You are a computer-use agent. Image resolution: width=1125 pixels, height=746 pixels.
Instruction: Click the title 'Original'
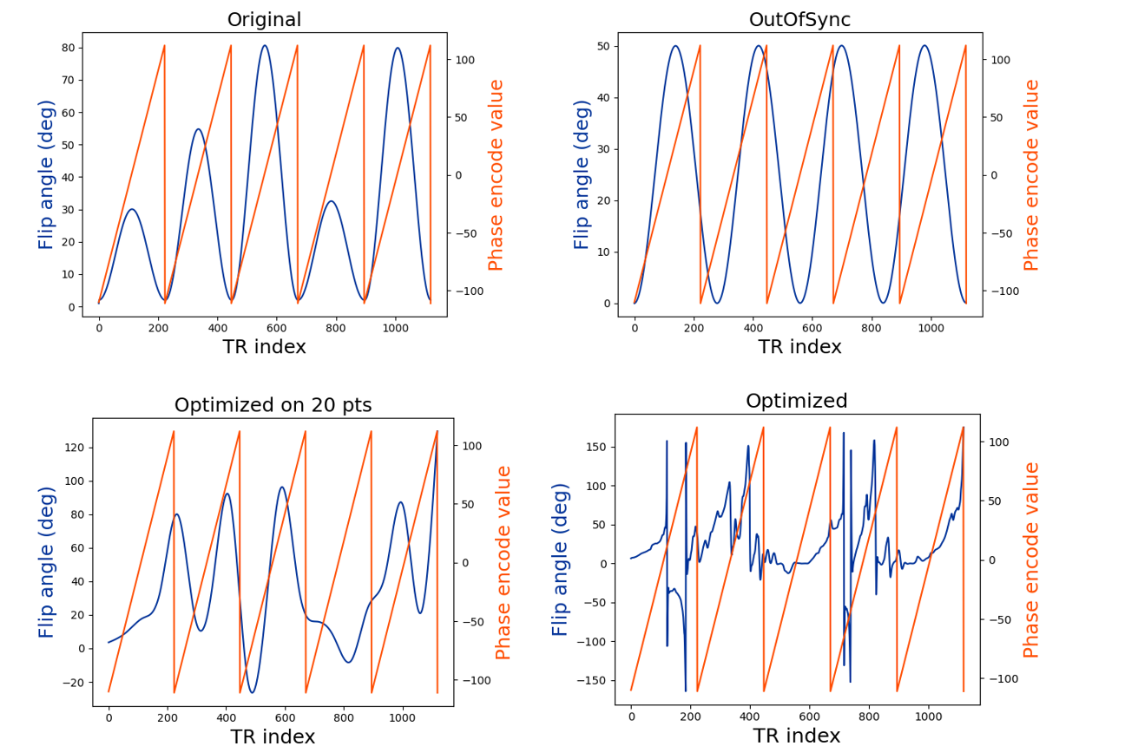point(264,20)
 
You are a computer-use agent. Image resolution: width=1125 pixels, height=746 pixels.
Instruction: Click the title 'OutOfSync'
point(799,20)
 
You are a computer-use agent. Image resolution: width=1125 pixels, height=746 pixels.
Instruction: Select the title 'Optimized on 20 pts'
point(273,405)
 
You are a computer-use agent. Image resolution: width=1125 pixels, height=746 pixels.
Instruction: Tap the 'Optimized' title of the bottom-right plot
point(796,401)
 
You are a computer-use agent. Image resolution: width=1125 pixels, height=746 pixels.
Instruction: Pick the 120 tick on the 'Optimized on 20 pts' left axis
point(73,448)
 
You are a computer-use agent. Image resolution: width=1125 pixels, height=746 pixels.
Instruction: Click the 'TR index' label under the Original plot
point(264,347)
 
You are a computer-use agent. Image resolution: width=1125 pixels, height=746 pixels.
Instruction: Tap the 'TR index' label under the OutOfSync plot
point(799,347)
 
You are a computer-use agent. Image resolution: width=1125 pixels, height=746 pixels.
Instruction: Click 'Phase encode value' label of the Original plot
point(496,174)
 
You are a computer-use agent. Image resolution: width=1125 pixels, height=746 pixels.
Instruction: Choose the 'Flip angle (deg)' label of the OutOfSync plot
point(582,174)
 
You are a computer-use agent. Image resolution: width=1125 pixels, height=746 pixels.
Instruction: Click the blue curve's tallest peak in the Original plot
point(265,46)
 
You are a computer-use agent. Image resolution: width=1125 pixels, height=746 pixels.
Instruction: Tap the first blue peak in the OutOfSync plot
point(675,46)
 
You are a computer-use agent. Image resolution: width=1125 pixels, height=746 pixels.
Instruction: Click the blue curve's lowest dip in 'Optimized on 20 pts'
point(252,692)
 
